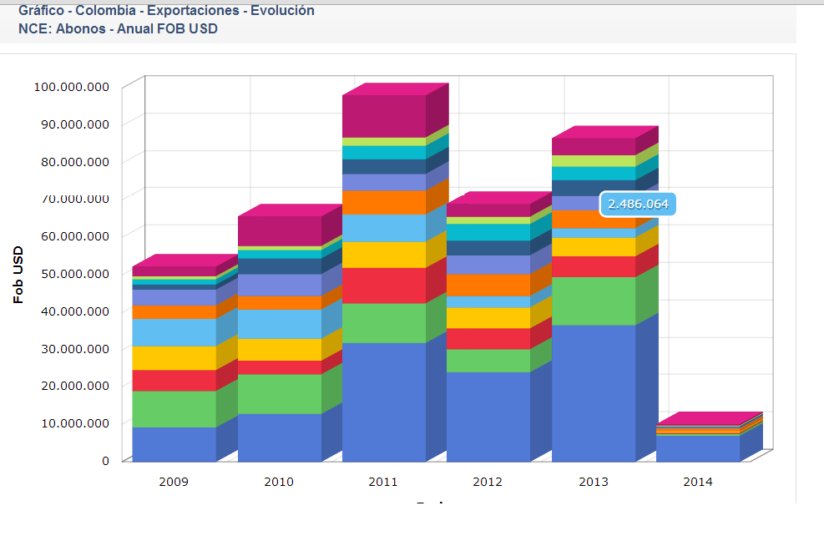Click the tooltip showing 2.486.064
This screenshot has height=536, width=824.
[638, 204]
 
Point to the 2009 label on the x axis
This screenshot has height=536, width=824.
[174, 482]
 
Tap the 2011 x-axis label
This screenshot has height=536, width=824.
[383, 482]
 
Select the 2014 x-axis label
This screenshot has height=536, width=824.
[697, 482]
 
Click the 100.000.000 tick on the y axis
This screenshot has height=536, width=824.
[72, 87]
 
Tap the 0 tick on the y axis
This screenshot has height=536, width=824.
[105, 460]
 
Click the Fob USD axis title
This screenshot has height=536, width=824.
[18, 275]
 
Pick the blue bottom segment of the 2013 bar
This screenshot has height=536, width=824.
[594, 392]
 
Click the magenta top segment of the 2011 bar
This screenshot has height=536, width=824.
[384, 116]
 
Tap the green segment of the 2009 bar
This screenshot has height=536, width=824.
[174, 409]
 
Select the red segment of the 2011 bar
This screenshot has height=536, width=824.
[384, 286]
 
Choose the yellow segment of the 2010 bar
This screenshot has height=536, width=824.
[279, 349]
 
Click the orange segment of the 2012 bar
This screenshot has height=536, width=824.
[488, 286]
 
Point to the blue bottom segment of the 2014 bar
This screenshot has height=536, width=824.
[698, 448]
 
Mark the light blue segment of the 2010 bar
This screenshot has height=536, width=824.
[279, 324]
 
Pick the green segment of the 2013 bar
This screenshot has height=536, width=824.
[594, 301]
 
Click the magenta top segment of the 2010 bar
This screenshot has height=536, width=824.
[279, 230]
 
